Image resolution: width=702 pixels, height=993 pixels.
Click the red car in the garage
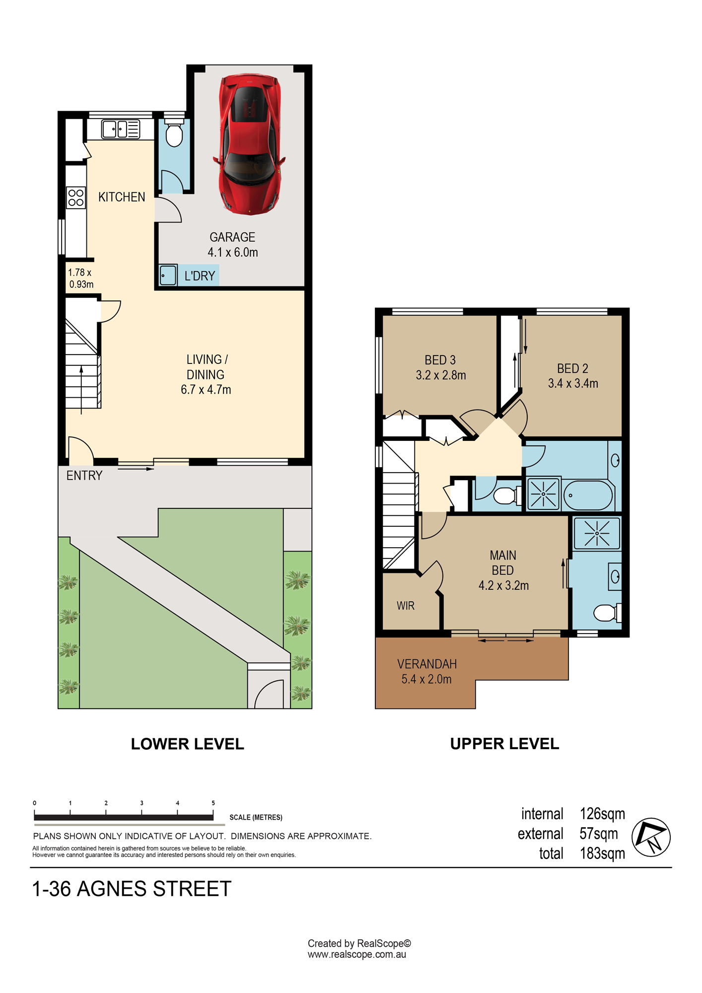(249, 144)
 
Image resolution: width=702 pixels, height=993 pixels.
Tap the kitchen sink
(121, 129)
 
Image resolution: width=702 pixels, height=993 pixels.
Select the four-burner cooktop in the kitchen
(76, 197)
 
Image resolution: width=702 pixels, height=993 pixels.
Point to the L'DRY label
(200, 276)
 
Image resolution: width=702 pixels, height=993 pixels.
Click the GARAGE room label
(232, 237)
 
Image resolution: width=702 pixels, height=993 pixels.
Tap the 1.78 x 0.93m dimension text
(81, 278)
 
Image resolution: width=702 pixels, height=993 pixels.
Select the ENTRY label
(84, 476)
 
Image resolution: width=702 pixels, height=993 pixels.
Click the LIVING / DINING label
(207, 367)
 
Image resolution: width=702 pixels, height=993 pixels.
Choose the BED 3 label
(440, 360)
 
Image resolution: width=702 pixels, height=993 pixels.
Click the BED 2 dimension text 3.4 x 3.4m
(573, 383)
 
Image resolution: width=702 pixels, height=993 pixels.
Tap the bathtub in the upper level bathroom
(588, 495)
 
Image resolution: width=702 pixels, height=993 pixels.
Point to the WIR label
(406, 606)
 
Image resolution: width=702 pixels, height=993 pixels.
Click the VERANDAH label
(427, 664)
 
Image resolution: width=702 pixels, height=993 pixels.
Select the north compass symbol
(651, 837)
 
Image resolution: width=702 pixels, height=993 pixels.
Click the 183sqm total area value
(602, 853)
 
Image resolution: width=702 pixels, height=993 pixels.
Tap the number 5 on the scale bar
(213, 803)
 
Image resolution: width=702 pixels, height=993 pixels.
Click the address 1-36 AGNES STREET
(132, 889)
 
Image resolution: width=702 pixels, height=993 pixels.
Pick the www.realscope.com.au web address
(357, 954)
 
